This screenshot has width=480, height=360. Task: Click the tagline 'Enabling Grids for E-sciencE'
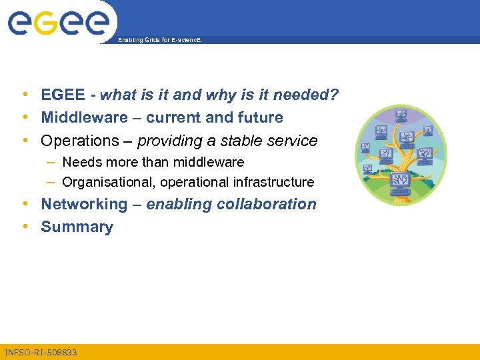pyautogui.click(x=159, y=41)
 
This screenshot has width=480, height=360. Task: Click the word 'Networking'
pyautogui.click(x=83, y=204)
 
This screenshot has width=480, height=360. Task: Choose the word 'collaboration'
pyautogui.click(x=270, y=204)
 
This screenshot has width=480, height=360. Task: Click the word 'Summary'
pyautogui.click(x=77, y=227)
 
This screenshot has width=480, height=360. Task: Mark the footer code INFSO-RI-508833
pyautogui.click(x=41, y=352)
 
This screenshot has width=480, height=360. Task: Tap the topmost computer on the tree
pyautogui.click(x=401, y=114)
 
